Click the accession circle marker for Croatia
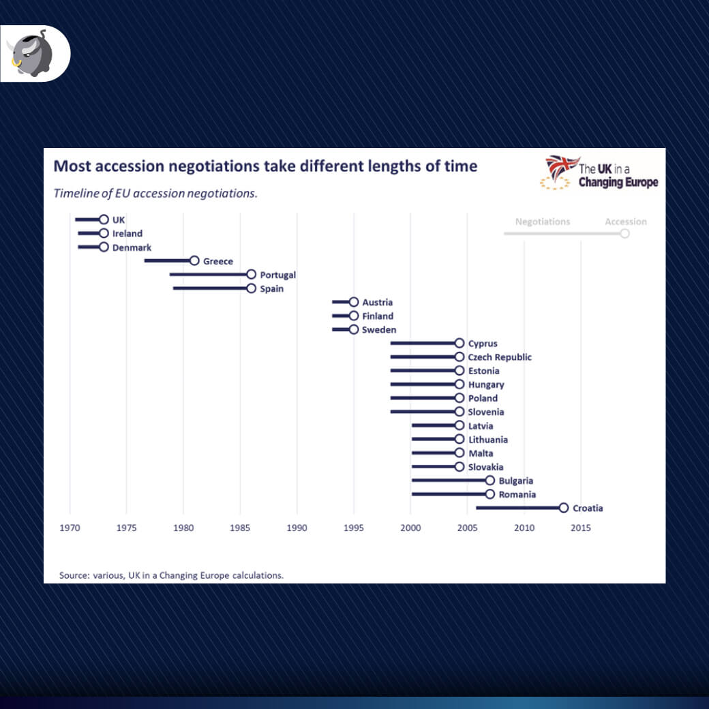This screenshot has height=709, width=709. pos(563,508)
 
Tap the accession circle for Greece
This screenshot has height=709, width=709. pos(194,260)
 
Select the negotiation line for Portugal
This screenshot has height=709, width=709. pos(208,274)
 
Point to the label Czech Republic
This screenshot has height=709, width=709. pos(500,357)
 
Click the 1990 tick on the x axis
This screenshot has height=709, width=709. pos(297,528)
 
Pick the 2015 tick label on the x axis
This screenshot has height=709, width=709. pos(581,528)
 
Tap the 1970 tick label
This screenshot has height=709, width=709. pos(70,528)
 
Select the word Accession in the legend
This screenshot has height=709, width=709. pos(625,222)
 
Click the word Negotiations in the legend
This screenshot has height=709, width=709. pos(543,222)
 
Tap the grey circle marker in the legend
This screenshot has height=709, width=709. pos(624,233)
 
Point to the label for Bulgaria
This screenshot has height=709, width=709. pos(516,481)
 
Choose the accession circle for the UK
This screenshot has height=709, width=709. pos(104,220)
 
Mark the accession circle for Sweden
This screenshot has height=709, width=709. pos(353,329)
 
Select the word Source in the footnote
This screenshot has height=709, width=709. pos(72,575)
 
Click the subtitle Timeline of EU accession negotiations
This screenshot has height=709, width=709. pos(155,193)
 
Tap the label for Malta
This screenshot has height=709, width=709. pos(481,453)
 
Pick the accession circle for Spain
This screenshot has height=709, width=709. pos(251,288)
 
